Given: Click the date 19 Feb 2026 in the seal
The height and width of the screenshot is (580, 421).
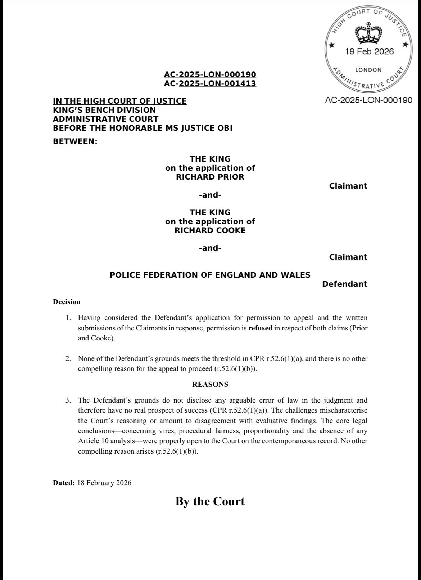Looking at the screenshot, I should click(369, 51).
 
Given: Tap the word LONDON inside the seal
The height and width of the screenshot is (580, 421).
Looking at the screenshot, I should click(368, 70).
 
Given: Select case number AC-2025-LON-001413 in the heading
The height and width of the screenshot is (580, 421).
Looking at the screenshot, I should click(210, 83).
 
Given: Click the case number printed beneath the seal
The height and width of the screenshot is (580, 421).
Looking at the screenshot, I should click(368, 100).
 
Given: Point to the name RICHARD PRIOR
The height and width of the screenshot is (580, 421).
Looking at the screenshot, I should click(210, 177).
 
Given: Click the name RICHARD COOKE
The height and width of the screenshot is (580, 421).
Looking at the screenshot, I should click(210, 230).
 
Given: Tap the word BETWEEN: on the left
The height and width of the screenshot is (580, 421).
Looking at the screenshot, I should click(75, 141).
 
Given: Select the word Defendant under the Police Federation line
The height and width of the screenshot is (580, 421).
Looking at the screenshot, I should click(344, 284).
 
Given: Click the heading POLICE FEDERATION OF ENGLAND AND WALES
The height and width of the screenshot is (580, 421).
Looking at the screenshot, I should click(210, 275).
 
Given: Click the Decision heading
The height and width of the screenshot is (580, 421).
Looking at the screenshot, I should click(67, 302).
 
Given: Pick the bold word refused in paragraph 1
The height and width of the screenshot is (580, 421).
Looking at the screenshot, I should click(260, 328).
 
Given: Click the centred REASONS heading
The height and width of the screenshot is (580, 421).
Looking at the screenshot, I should click(210, 384).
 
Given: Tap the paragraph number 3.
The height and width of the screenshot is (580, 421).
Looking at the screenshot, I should click(68, 400).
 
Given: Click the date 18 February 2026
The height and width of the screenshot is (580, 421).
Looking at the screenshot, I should click(104, 483).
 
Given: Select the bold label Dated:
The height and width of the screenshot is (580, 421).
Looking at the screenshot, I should click(64, 483).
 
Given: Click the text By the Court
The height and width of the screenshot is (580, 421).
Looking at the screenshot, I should click(210, 501).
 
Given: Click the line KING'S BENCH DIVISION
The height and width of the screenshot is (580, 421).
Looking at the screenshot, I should click(104, 110).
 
